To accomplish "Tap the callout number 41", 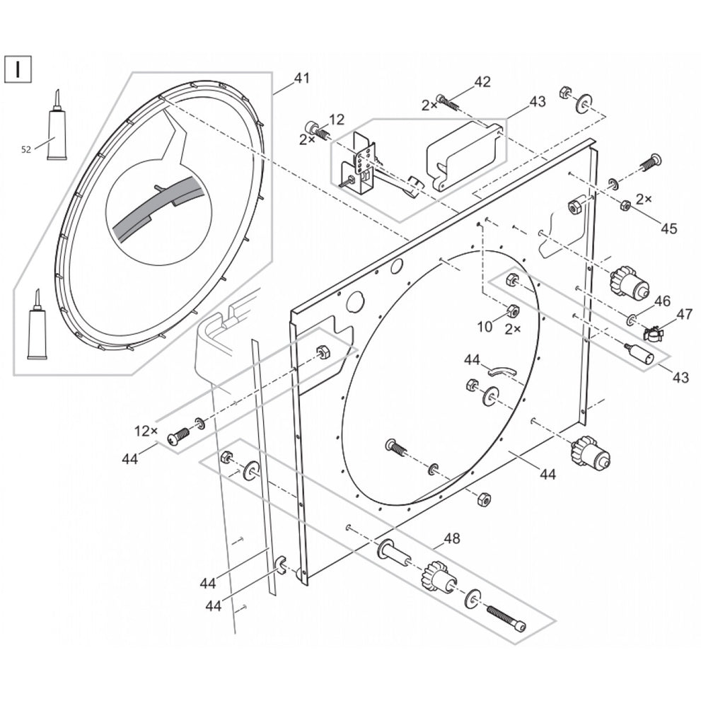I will click(301, 79).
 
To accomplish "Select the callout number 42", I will click(482, 81).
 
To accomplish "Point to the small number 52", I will click(26, 149).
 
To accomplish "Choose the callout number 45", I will click(668, 228).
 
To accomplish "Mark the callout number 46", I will click(661, 301).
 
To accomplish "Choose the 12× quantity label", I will click(146, 430).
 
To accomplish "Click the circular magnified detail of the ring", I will click(159, 212).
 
